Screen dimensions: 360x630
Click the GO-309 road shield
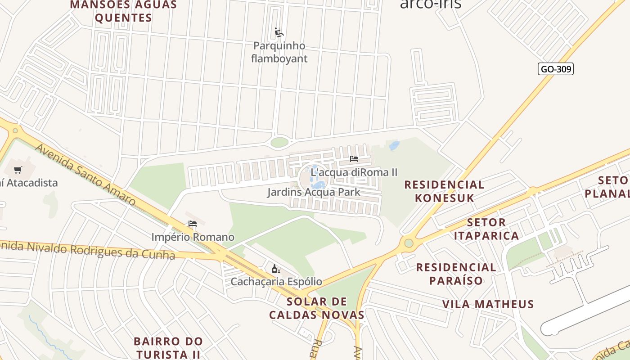pos(555,69)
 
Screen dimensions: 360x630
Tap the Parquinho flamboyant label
pos(279,52)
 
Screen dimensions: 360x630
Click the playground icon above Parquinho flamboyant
pos(279,32)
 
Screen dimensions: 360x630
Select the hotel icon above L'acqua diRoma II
pos(354,159)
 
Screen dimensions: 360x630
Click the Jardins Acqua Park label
pos(314,192)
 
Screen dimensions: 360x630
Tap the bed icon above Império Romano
pos(193,224)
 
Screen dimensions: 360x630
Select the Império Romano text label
pos(193,237)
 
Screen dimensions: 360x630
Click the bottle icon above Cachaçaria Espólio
pos(276,269)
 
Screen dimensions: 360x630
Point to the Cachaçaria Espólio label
pos(276,282)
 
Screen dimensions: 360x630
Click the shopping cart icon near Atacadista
pos(18,170)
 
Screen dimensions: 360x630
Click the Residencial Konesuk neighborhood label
pos(444,191)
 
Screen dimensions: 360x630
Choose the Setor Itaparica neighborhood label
pos(486,229)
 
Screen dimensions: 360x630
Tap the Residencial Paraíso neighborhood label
pos(456,274)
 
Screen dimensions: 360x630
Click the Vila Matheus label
pos(488,304)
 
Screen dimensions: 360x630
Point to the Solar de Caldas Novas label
pos(317,308)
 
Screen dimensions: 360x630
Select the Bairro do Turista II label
pos(168,347)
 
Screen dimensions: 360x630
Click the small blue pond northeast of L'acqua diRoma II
pos(394,145)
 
